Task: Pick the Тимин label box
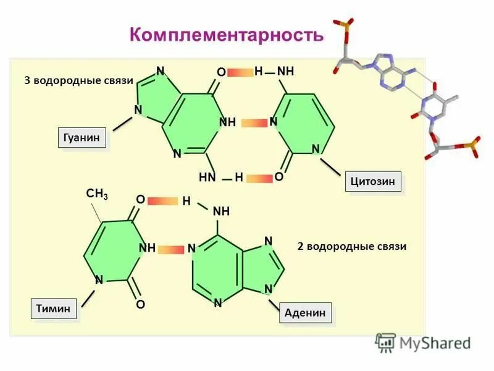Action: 54,308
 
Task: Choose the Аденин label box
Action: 306,313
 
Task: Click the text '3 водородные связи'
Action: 78,81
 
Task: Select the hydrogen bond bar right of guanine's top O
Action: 240,73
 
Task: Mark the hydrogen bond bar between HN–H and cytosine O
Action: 259,178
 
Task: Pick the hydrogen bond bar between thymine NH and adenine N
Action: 170,249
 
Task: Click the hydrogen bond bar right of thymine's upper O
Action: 162,200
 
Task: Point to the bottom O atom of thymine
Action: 140,305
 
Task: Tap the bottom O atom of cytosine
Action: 279,177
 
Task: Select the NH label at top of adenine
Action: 221,211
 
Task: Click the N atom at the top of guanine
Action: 160,71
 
